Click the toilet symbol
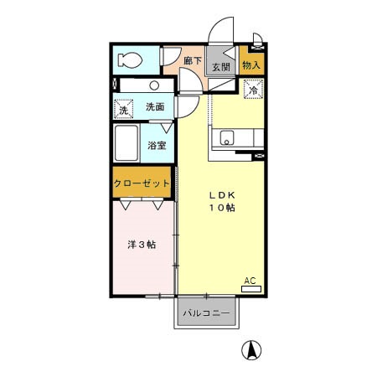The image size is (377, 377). tap(130, 59)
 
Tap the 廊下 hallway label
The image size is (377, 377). tap(194, 61)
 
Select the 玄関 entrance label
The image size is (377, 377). tap(220, 68)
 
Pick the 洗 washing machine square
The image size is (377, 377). tap(122, 109)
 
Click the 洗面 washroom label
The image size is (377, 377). tap(155, 107)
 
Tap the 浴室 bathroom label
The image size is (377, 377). tap(158, 145)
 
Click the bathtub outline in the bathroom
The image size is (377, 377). tap(127, 145)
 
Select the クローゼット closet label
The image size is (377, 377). tap(143, 183)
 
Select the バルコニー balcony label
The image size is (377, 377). tap(208, 314)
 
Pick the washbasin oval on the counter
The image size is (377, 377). tap(156, 85)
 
